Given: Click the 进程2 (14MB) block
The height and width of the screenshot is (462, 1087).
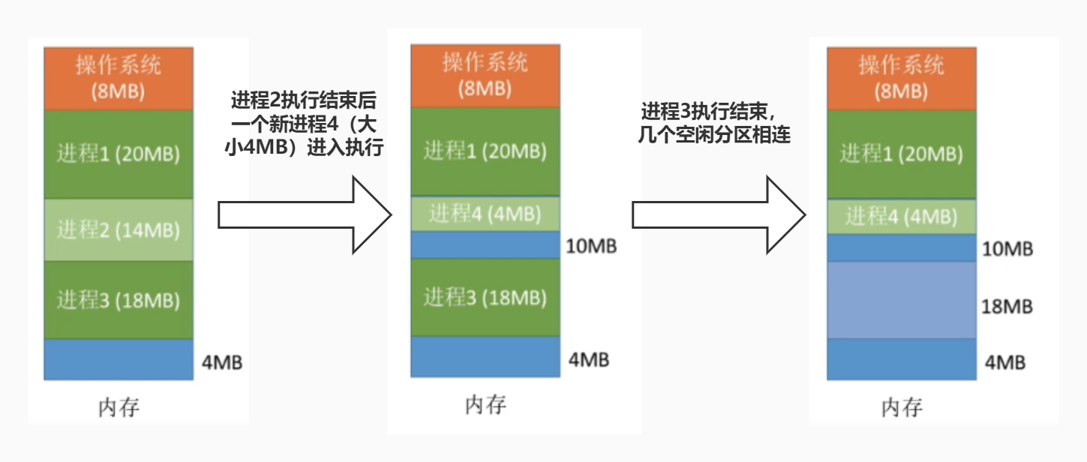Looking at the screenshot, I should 119,229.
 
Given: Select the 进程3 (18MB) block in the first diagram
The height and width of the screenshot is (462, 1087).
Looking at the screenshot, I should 119,300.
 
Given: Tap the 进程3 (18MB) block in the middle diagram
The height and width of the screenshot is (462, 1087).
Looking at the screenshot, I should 485,297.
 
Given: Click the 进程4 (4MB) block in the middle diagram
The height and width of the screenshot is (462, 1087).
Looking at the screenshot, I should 485,214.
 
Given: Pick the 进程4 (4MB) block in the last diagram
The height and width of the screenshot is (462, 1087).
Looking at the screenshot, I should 901,217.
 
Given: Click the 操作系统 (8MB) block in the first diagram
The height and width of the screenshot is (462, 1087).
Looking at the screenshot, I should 119,78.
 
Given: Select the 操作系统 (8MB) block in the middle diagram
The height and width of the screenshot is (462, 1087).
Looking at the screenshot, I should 485,75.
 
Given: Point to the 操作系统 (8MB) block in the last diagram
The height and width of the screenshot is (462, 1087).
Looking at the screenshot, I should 901,78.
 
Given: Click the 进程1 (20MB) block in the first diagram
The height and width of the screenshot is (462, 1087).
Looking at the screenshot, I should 119,154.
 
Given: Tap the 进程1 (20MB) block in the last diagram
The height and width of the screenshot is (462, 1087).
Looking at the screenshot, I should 901,154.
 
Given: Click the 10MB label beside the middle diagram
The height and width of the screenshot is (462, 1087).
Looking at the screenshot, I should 592,245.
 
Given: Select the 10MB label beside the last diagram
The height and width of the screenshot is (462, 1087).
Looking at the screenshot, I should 1007,248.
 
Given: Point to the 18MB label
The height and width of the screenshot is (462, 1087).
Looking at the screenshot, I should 1007,306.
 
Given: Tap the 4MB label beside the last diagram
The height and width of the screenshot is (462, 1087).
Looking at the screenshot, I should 1005,362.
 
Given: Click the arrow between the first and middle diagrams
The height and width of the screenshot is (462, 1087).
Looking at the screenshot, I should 304,214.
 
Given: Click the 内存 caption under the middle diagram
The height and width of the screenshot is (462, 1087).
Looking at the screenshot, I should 485,405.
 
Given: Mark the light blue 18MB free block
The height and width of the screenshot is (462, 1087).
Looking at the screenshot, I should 901,300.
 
